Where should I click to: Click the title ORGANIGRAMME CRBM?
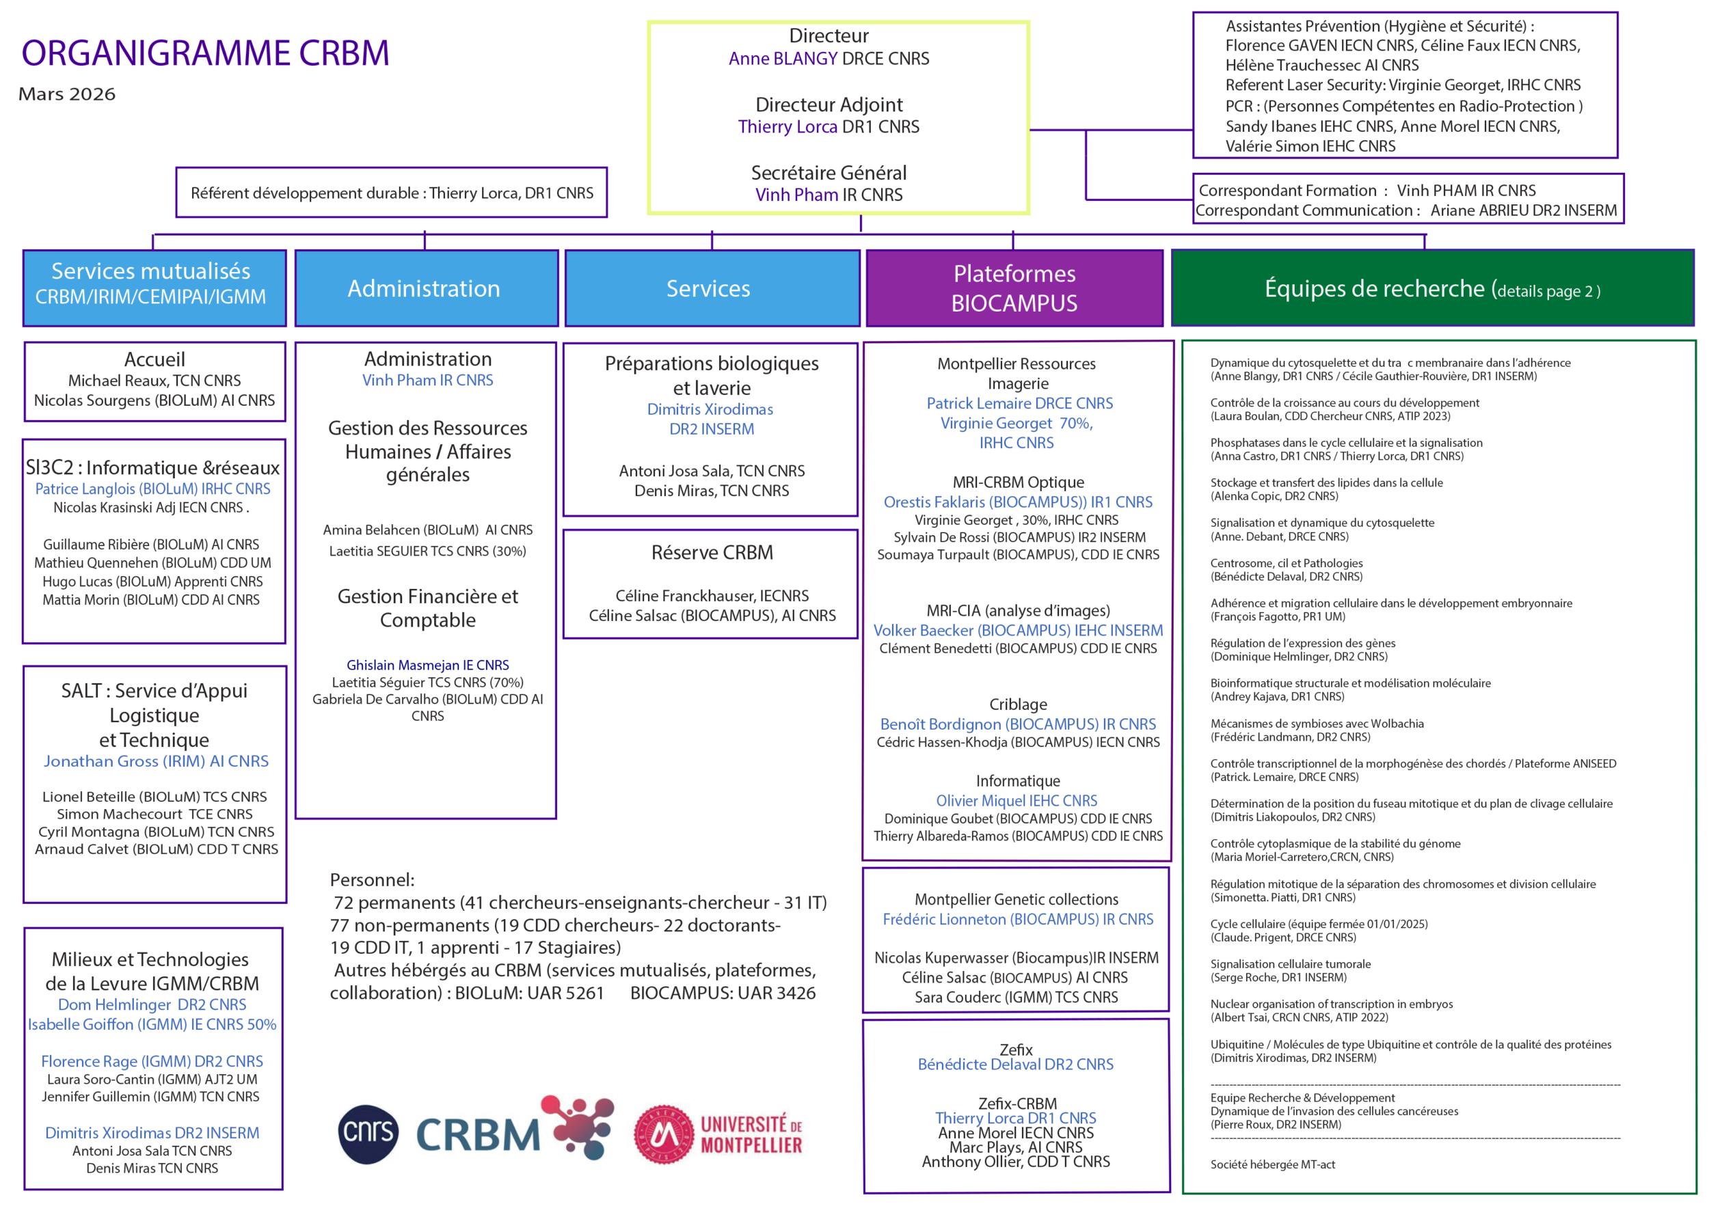(206, 53)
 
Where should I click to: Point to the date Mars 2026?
(67, 94)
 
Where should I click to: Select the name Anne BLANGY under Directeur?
(782, 59)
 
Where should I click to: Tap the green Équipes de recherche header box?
(1431, 288)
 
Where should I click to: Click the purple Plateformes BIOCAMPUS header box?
(1014, 288)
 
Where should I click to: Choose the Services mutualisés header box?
(154, 288)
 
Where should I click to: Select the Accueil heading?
(154, 360)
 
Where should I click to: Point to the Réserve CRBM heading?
(712, 553)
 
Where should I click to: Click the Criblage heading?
(1017, 704)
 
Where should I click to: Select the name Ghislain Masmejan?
(403, 665)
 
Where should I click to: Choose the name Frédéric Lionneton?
(944, 920)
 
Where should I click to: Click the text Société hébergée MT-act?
(1272, 1164)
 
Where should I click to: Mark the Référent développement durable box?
(392, 193)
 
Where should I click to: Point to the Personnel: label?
(372, 880)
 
